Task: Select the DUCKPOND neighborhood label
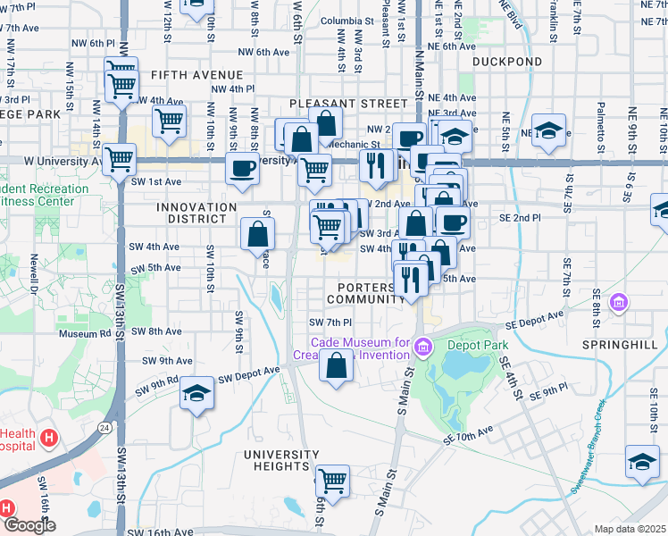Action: click(x=506, y=62)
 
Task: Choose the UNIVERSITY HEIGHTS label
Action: click(x=282, y=460)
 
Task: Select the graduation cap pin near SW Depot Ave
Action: click(x=196, y=393)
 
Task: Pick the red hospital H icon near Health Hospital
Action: click(x=50, y=439)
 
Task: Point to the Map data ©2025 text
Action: click(x=630, y=529)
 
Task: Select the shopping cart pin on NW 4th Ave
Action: click(x=169, y=121)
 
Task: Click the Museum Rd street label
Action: click(x=84, y=334)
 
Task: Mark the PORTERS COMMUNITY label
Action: click(x=361, y=293)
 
